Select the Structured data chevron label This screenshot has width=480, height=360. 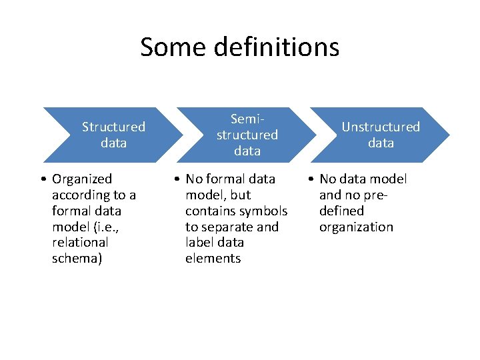[x=113, y=135]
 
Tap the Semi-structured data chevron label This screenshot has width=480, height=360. [x=247, y=135]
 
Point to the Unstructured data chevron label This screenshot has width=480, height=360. [x=381, y=135]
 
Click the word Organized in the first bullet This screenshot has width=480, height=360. [x=82, y=179]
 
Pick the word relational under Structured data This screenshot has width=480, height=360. [x=79, y=243]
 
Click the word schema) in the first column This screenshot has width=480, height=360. [x=77, y=259]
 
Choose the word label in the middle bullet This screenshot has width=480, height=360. [x=200, y=243]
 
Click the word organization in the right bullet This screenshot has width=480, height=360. [x=356, y=227]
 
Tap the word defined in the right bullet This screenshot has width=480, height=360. [x=341, y=211]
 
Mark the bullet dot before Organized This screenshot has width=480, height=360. [x=42, y=179]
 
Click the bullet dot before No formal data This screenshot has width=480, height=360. [x=175, y=179]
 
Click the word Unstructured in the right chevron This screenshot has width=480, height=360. [x=381, y=127]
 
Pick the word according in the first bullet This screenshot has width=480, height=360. [x=81, y=195]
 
